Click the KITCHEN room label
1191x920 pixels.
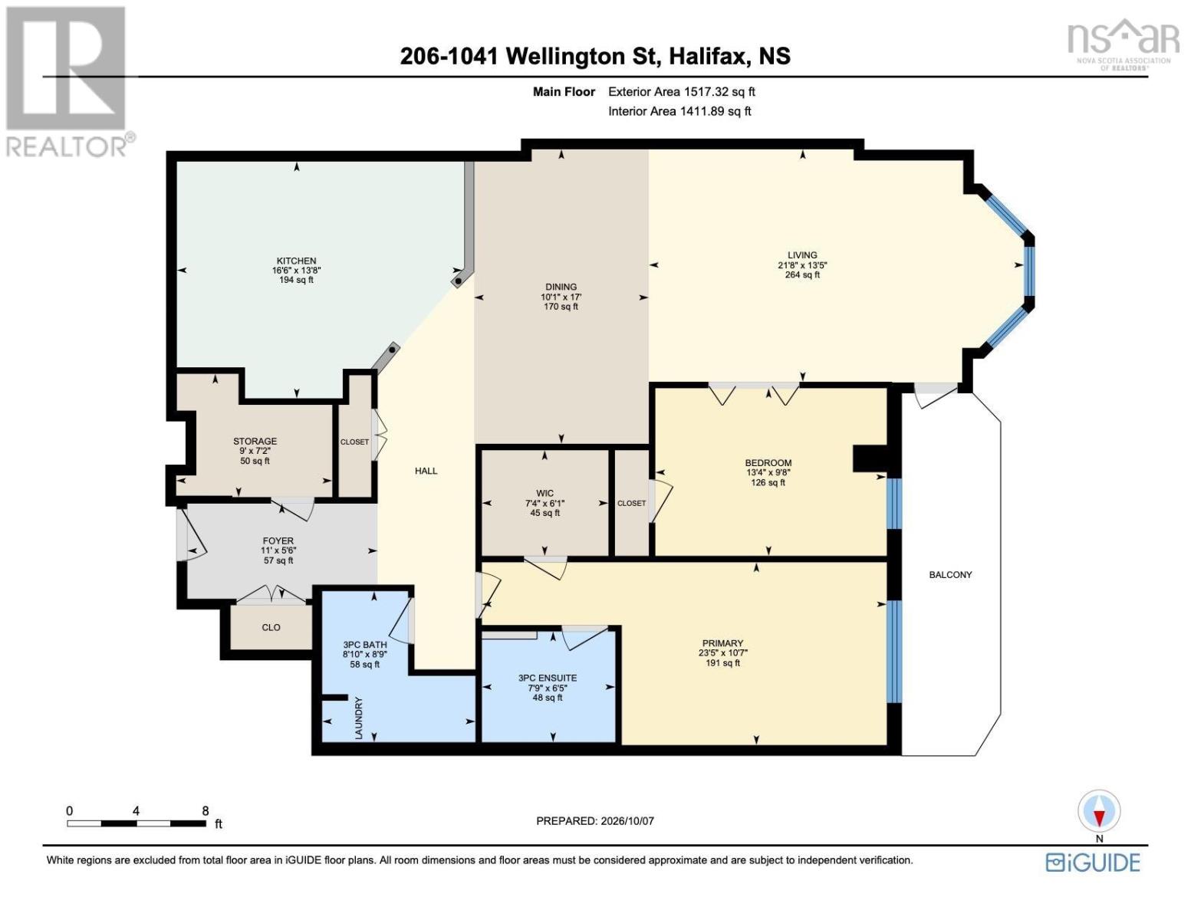[x=296, y=261]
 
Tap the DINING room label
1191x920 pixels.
[x=561, y=287]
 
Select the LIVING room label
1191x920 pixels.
[x=802, y=255]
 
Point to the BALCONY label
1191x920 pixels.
[x=950, y=575]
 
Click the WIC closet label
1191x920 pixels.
[x=545, y=493]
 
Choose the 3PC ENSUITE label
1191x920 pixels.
[x=547, y=678]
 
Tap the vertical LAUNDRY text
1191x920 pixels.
[x=359, y=718]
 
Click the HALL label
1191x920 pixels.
[x=426, y=471]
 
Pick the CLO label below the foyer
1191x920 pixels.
[x=271, y=627]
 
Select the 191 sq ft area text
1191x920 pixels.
[x=722, y=663]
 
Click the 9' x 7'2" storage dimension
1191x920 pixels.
[x=255, y=451]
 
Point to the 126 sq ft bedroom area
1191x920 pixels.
[x=768, y=483]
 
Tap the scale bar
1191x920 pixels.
[x=137, y=823]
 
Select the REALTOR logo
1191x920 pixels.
[x=67, y=82]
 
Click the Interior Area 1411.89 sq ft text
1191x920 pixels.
[x=679, y=111]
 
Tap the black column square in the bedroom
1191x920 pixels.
[x=870, y=458]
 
